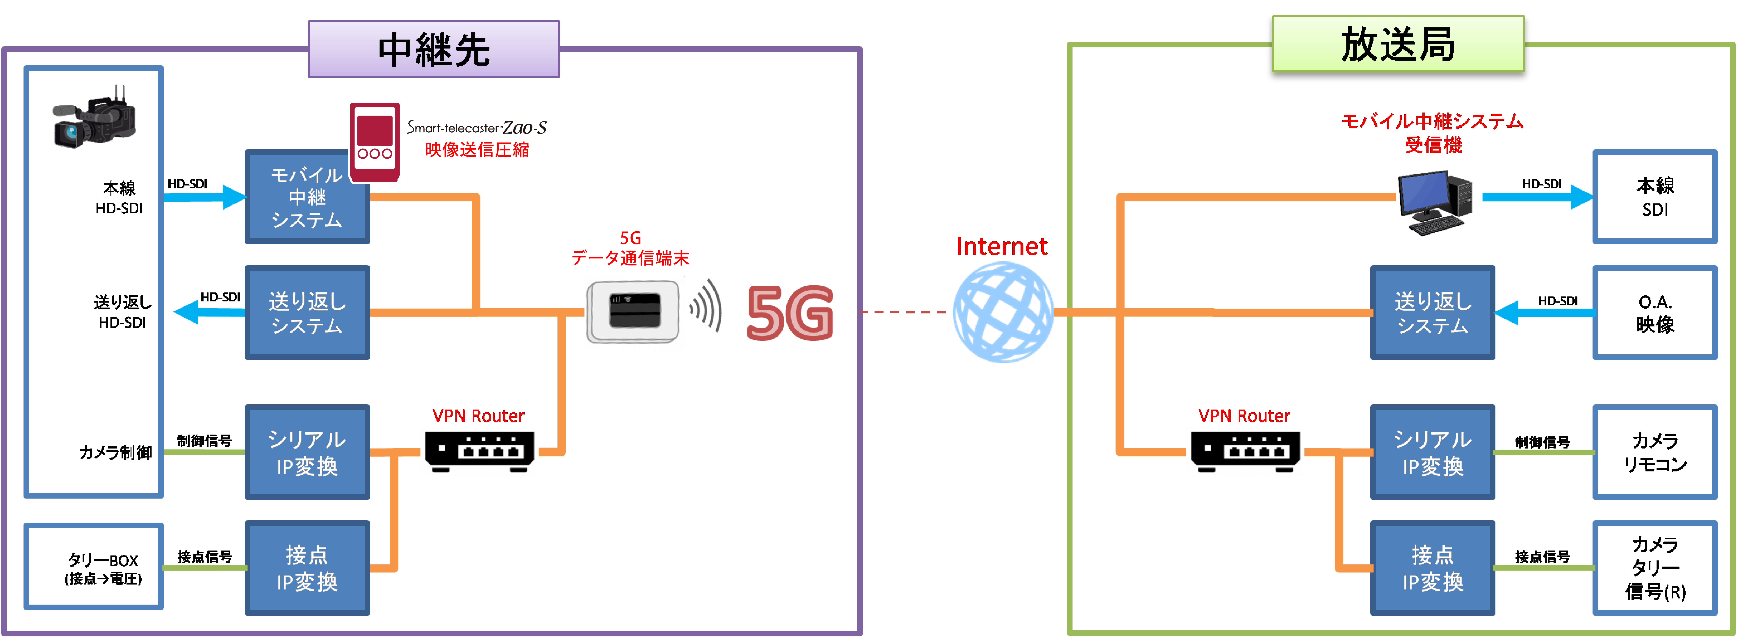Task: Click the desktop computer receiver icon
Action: (x=1434, y=202)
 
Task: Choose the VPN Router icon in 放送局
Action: (x=1245, y=451)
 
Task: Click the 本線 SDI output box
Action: (x=1655, y=197)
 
